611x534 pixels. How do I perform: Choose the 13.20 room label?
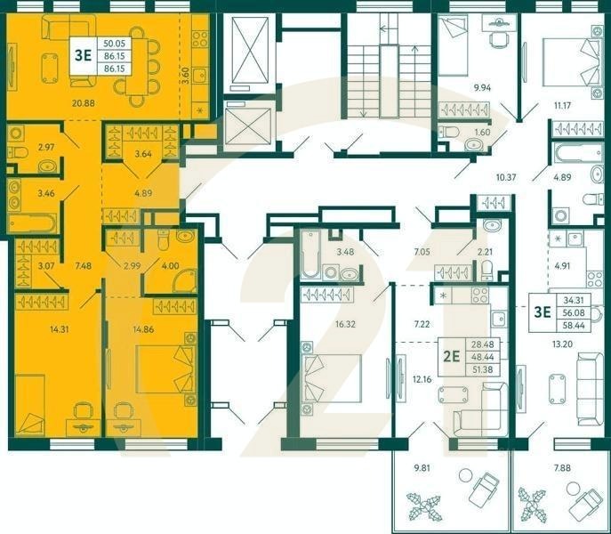click(562, 343)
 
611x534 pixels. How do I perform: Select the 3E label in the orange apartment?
click(84, 53)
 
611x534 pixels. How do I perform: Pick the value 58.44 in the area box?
click(573, 326)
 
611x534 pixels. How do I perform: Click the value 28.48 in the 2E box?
click(483, 345)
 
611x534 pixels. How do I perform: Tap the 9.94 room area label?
click(483, 87)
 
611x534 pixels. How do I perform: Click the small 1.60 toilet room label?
click(482, 133)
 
